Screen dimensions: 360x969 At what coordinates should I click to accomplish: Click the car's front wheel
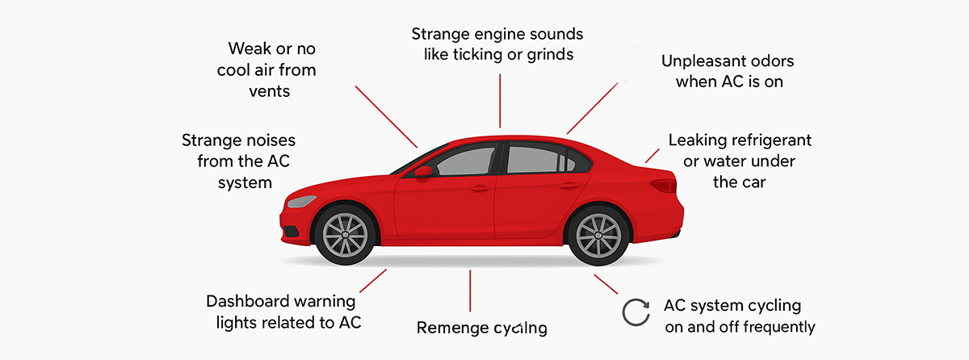(x=345, y=234)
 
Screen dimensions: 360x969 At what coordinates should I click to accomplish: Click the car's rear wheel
(x=599, y=234)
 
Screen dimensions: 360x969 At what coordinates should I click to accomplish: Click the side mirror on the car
(x=423, y=171)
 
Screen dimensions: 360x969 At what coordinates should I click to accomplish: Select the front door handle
(x=478, y=189)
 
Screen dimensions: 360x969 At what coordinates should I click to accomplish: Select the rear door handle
(x=569, y=186)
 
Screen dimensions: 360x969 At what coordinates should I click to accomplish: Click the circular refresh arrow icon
(x=636, y=312)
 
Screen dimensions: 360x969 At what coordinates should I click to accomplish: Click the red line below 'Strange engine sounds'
(x=501, y=100)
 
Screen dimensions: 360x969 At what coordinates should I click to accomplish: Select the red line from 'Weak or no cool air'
(x=386, y=116)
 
